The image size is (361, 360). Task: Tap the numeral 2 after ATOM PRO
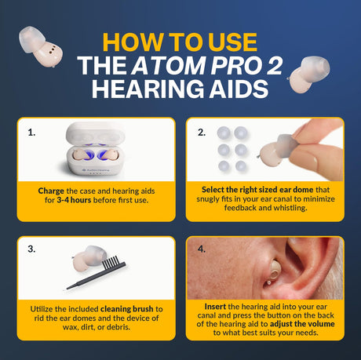[x=275, y=65]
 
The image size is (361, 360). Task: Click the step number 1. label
[x=31, y=133]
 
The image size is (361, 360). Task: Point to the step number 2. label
[x=202, y=133]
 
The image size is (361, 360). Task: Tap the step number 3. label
[x=31, y=249]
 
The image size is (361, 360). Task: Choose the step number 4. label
[x=202, y=249]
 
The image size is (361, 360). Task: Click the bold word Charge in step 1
[x=51, y=191]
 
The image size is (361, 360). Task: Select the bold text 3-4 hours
[x=74, y=200]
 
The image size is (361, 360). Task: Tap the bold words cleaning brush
[x=127, y=309]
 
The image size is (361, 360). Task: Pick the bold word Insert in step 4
[x=215, y=307]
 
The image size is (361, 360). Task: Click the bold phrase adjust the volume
[x=302, y=324]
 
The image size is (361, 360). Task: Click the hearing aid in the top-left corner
[x=40, y=46]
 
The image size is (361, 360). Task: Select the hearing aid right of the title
[x=308, y=75]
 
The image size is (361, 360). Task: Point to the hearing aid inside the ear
[x=272, y=272]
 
